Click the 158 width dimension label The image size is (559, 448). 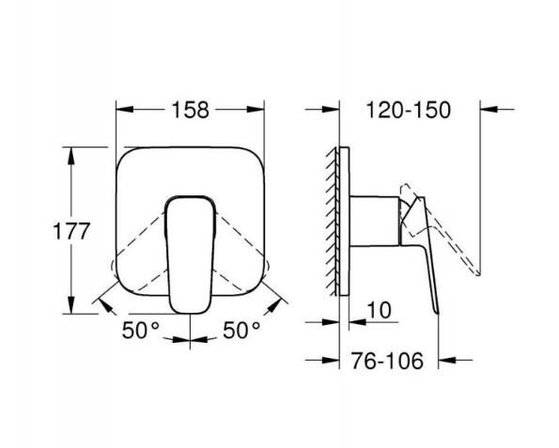191,108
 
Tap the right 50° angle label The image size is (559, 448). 241,331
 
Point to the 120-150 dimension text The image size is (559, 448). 410,108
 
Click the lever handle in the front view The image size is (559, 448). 192,250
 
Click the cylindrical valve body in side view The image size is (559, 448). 374,222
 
